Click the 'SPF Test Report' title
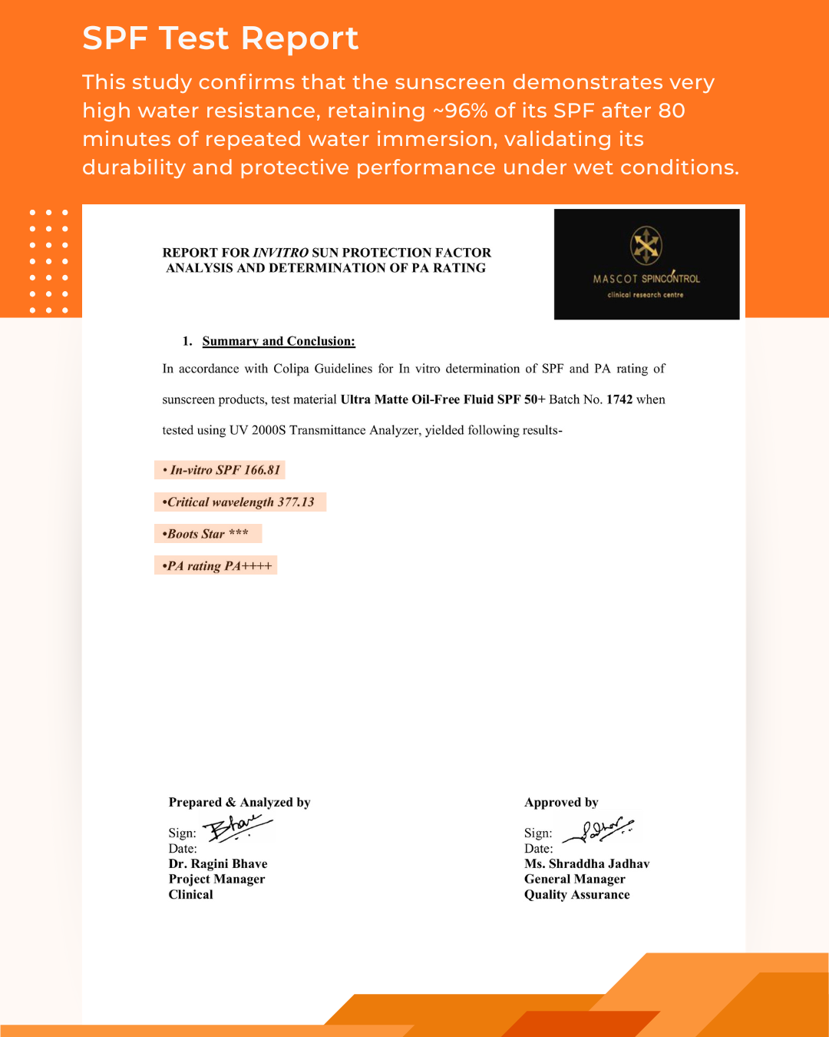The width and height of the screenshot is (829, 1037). coord(220,38)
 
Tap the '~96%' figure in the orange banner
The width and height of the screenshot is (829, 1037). coord(460,111)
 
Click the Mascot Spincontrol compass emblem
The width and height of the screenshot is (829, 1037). coord(646,246)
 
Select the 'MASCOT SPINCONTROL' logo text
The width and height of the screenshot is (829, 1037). coord(646,279)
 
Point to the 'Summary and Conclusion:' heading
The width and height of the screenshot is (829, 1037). coord(279,341)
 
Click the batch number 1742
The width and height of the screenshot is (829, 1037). coord(619,399)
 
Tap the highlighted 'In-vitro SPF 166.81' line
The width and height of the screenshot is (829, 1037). coord(221,470)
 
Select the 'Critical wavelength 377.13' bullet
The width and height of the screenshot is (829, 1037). coord(240,502)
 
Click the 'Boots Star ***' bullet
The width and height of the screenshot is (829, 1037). coord(208,534)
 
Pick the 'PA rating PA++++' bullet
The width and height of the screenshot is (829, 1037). coord(216,566)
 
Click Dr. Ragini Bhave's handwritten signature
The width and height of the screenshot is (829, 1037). coord(238,828)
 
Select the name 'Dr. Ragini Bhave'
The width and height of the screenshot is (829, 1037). coord(218,863)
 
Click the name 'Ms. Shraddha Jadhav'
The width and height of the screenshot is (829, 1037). coord(586,863)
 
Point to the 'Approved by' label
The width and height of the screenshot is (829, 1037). coord(561,802)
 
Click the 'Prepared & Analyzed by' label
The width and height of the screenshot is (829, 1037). coord(239,802)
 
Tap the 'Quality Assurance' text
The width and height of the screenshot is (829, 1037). coord(576,894)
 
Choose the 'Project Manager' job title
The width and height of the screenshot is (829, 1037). coord(216,879)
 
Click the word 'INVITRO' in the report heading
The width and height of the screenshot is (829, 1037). coord(281,253)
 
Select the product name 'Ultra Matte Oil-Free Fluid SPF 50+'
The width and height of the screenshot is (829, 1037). coord(443,399)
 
